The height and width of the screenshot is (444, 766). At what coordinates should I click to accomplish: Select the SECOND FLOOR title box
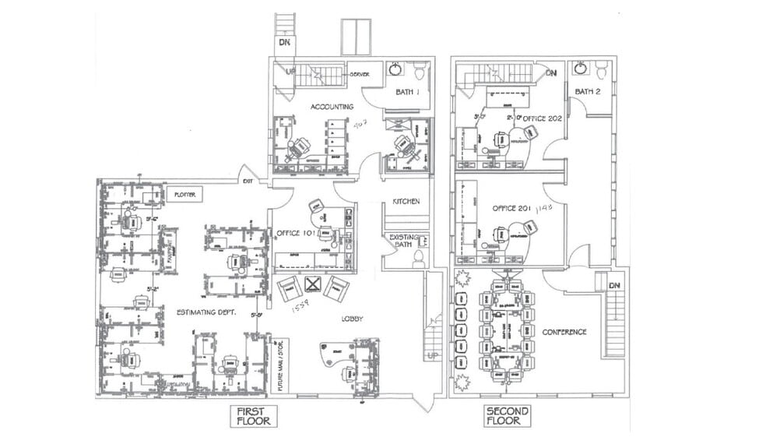(507, 416)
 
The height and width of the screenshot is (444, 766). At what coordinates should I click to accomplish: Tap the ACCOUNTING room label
(332, 107)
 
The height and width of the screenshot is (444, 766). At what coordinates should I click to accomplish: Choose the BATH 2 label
(589, 92)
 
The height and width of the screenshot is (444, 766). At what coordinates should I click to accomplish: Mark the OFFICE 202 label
(543, 118)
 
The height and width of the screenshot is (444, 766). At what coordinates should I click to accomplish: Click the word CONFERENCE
(564, 332)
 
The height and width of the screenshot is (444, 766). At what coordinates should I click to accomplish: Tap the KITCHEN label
(406, 201)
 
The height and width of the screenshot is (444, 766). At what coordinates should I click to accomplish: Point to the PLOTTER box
(184, 193)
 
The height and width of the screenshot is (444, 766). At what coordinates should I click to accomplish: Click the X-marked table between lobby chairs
(313, 284)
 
